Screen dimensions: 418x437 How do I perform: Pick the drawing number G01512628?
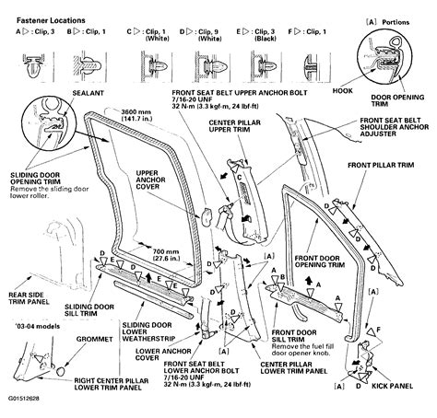(x=25, y=410)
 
